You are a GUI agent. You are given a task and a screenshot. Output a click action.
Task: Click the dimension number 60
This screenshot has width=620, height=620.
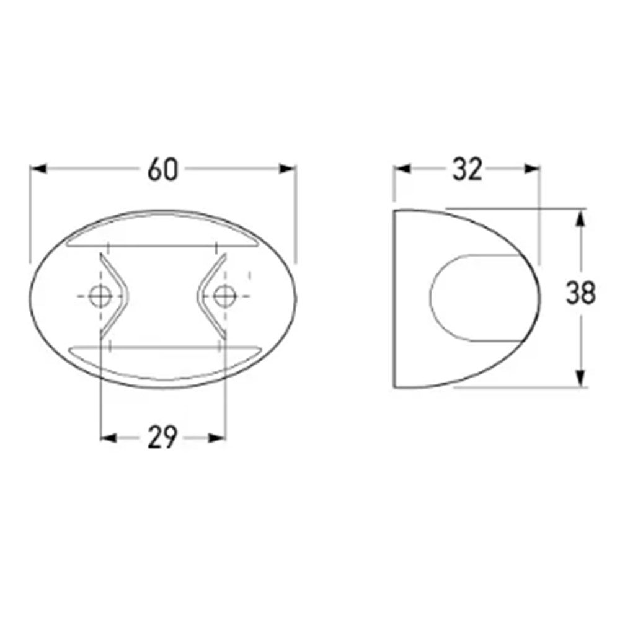click(x=162, y=170)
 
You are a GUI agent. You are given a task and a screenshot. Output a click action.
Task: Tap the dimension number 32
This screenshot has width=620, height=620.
click(x=467, y=169)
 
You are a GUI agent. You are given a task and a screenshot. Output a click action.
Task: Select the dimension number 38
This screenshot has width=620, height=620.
click(x=580, y=293)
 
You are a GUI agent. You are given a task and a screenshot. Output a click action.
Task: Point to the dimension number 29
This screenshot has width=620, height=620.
click(x=162, y=437)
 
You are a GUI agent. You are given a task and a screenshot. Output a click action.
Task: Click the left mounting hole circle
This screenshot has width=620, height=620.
click(x=100, y=296)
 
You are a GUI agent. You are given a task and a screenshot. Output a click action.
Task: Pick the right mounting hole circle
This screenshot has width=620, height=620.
click(x=224, y=296)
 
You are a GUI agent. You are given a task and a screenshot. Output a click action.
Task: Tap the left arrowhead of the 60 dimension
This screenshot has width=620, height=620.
click(x=38, y=169)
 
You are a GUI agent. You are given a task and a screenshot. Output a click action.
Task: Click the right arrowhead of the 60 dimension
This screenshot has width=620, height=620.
click(x=288, y=169)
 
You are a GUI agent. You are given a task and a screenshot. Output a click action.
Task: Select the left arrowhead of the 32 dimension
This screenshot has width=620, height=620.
click(x=402, y=169)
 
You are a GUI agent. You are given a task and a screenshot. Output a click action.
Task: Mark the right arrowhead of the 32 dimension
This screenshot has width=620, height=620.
click(x=531, y=169)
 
